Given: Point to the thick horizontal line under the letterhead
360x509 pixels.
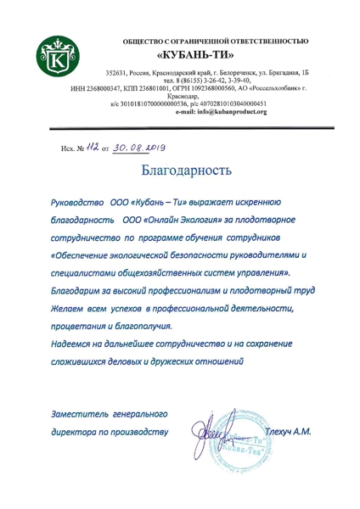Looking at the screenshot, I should pyautogui.click(x=180, y=125).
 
